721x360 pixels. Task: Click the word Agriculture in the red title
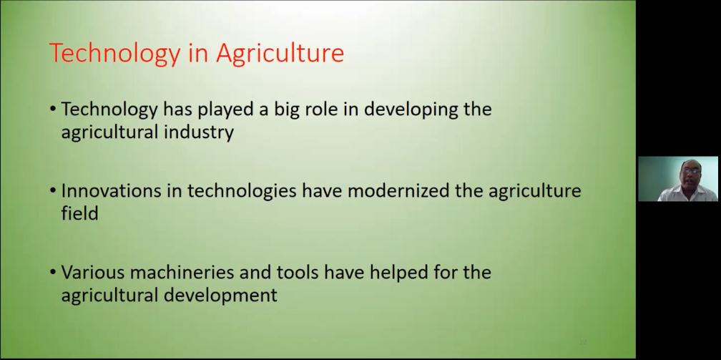point(280,53)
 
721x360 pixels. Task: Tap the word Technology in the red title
point(114,54)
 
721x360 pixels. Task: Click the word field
point(79,213)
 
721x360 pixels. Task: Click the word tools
point(298,272)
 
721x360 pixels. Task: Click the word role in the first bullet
point(334,110)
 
